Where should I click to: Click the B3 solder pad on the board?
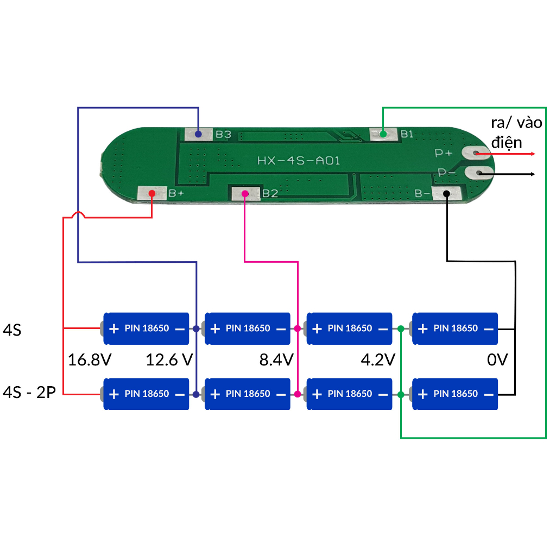[199, 135]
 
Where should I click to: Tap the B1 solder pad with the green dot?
[383, 134]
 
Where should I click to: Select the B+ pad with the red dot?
[152, 193]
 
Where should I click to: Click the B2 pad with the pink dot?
[245, 194]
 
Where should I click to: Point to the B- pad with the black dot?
[446, 194]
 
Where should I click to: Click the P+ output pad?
[476, 153]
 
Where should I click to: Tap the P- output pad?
[479, 173]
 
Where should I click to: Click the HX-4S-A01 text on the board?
[299, 161]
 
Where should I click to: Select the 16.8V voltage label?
[90, 359]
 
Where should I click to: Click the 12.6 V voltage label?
[169, 359]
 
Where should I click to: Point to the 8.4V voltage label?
[276, 359]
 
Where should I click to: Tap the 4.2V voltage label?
[378, 359]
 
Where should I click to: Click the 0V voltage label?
[497, 359]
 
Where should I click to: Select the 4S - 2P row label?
[29, 393]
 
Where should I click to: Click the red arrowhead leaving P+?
[533, 154]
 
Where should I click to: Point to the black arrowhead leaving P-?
[533, 174]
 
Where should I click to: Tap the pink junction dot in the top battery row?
[298, 328]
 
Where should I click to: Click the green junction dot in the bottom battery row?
[401, 394]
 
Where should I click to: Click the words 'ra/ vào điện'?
[516, 132]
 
